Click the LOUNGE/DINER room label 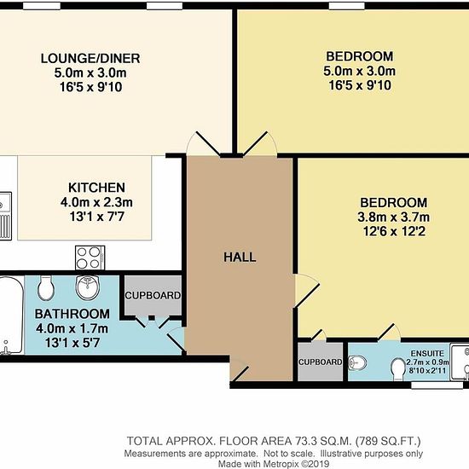tap(90, 58)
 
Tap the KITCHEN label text tap(96, 188)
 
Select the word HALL tap(240, 258)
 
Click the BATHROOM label tap(72, 314)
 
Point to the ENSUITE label tap(427, 353)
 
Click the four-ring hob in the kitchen tap(90, 258)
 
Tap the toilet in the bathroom tap(46, 287)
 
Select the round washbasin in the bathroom tap(87, 287)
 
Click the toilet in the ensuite tap(397, 369)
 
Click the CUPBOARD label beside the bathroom tap(153, 296)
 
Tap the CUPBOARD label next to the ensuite tap(320, 362)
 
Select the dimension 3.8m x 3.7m tap(393, 217)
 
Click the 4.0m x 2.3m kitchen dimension tap(96, 202)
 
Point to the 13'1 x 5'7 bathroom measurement tap(72, 343)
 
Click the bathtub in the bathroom tap(11, 316)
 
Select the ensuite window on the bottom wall tap(437, 385)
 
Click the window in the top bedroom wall tap(347, 6)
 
